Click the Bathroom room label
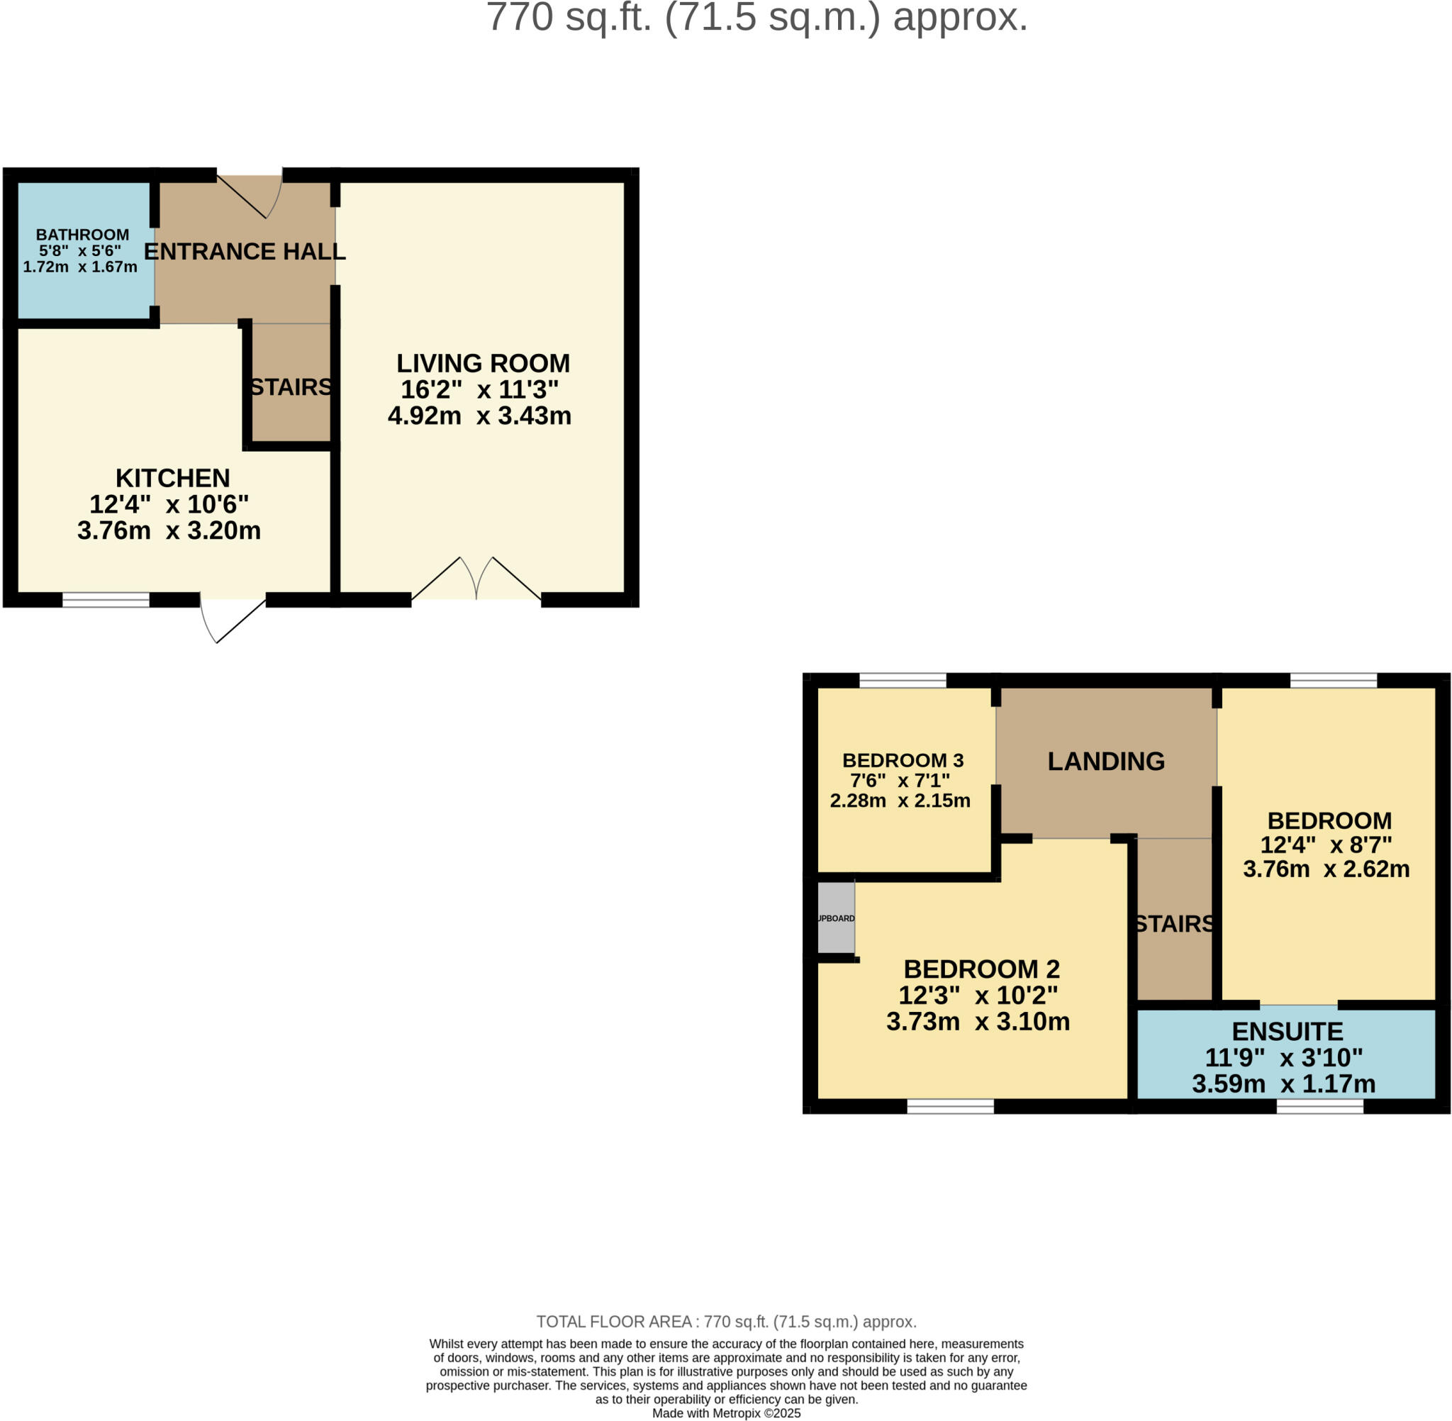pyautogui.click(x=82, y=234)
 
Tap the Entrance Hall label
pyautogui.click(x=245, y=252)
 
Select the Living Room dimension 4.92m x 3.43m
pyautogui.click(x=479, y=416)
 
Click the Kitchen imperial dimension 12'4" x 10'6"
pyautogui.click(x=169, y=505)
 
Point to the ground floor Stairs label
pyautogui.click(x=291, y=387)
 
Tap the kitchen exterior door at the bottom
pyautogui.click(x=233, y=619)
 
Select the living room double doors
pyautogui.click(x=476, y=581)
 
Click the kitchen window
pyautogui.click(x=106, y=600)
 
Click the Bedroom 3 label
pyautogui.click(x=903, y=761)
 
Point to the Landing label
pyautogui.click(x=1106, y=762)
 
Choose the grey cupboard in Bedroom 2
pyautogui.click(x=836, y=918)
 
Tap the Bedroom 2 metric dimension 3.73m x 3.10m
pyautogui.click(x=978, y=1022)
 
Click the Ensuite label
pyautogui.click(x=1287, y=1032)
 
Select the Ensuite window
pyautogui.click(x=1320, y=1107)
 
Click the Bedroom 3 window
pyautogui.click(x=903, y=680)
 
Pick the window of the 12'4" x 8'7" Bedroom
pyautogui.click(x=1334, y=680)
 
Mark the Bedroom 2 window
pyautogui.click(x=950, y=1107)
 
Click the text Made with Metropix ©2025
pyautogui.click(x=726, y=1412)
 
